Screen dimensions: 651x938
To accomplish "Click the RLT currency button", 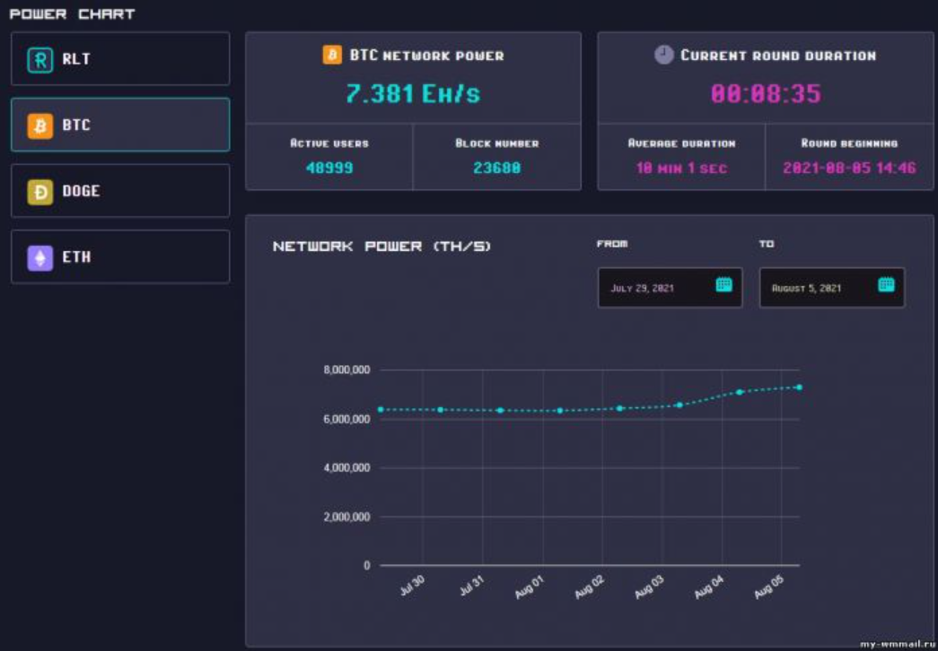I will click(119, 59).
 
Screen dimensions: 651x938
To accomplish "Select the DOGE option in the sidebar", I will click(119, 191).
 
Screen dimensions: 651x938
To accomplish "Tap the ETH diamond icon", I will click(39, 257).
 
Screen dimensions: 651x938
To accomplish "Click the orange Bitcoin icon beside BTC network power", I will click(332, 55).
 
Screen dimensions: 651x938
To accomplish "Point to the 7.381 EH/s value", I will click(413, 93).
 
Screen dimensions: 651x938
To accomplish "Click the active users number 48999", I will click(329, 168).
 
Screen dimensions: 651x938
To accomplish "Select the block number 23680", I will click(496, 168).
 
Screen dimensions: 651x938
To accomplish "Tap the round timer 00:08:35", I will click(766, 93).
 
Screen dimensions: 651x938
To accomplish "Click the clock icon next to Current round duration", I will click(663, 55).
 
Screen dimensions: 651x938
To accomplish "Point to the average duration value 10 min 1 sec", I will click(681, 168).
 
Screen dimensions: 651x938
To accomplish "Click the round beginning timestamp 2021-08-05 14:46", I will click(849, 168).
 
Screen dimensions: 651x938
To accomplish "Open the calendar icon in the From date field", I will click(723, 285).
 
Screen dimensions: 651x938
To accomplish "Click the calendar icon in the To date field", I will click(886, 285).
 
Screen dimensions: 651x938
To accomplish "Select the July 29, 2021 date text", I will click(642, 289).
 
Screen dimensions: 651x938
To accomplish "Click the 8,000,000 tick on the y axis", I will click(346, 369).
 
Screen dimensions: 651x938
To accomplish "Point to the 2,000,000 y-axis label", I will click(346, 517).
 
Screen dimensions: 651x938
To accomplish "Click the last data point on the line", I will click(798, 387).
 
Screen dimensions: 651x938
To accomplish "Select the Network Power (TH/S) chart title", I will click(381, 247).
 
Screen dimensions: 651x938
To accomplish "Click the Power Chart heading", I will click(72, 13).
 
